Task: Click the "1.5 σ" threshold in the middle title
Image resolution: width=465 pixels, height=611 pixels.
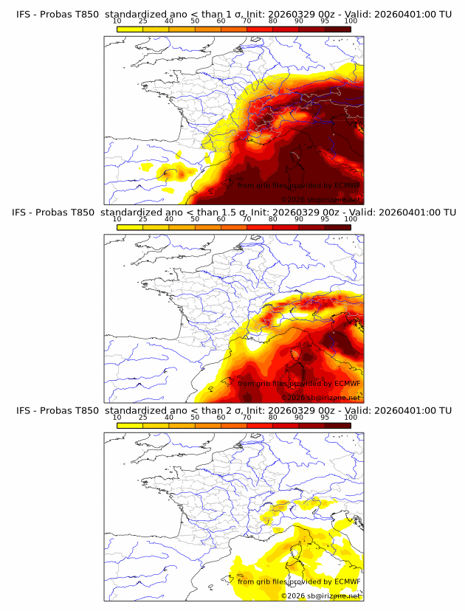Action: coord(236,213)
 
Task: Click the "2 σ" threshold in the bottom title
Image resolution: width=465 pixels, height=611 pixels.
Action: coord(233,410)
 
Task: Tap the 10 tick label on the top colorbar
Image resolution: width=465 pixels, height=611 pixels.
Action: coord(117,21)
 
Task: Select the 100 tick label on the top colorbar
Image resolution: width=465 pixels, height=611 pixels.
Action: coord(351,21)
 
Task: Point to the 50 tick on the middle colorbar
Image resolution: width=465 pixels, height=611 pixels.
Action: coord(195,219)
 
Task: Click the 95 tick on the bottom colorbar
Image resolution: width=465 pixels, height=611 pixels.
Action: coord(325,417)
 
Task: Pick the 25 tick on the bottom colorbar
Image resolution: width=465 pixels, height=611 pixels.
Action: coord(142,417)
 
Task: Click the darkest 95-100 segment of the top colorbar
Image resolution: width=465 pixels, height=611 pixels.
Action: coord(337,30)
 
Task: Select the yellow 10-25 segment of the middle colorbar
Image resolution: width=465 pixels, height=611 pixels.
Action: coord(130,227)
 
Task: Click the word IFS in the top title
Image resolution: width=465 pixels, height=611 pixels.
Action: coord(24,15)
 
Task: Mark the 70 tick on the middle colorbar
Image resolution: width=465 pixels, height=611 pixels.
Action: coord(247,219)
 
